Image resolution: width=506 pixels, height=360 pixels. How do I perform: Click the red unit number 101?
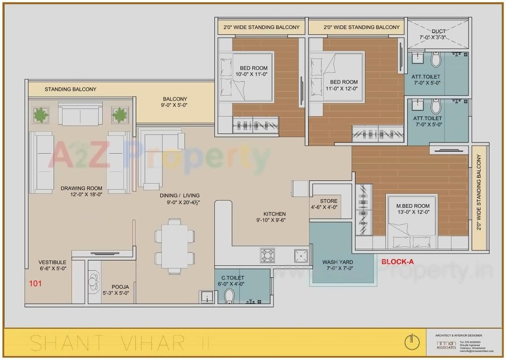[35, 283]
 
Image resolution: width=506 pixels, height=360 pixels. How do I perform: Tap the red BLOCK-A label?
[397, 262]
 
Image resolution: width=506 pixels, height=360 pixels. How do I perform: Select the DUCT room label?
[438, 31]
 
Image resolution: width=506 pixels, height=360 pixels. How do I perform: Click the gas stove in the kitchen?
[268, 255]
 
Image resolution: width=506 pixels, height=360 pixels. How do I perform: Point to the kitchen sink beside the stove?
[301, 255]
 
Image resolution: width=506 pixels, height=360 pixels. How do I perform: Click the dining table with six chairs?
[175, 246]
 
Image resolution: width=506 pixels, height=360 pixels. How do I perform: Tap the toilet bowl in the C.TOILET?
[230, 295]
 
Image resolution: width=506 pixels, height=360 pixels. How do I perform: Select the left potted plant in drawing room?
[41, 115]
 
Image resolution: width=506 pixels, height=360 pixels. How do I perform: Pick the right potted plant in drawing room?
[120, 115]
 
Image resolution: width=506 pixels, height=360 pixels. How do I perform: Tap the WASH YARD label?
[337, 262]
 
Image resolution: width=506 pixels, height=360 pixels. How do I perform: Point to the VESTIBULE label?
[52, 262]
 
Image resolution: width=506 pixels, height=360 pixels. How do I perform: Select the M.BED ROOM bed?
[411, 221]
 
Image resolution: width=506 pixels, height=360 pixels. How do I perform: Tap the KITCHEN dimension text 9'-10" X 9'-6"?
[271, 220]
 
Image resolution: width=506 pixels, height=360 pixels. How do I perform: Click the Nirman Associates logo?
[446, 345]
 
